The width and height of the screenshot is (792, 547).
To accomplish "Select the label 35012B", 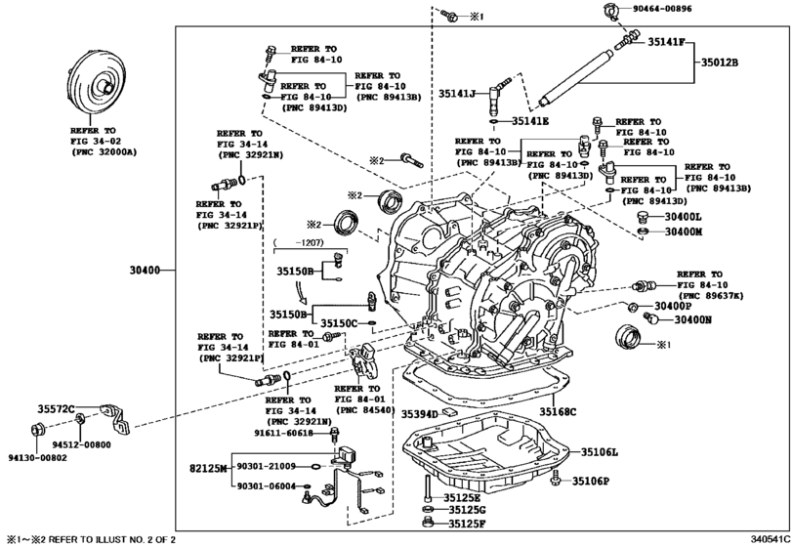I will pos(718,63).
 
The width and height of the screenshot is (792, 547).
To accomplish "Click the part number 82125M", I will pos(208,470).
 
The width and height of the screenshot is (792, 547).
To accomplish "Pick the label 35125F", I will pos(467,525).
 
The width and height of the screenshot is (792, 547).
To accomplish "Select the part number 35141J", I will pos(456,94).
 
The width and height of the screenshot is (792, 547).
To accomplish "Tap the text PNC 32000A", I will pos(103,152).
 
